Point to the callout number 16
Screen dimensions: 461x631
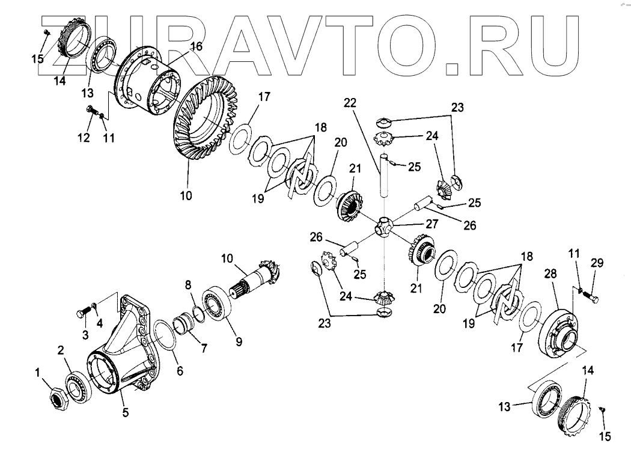[x=195, y=46]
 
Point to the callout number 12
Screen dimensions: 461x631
[x=84, y=138]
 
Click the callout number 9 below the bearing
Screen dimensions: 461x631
[x=239, y=342]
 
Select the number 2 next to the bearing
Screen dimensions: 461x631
[x=61, y=349]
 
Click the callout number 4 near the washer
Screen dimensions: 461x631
[x=99, y=322]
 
